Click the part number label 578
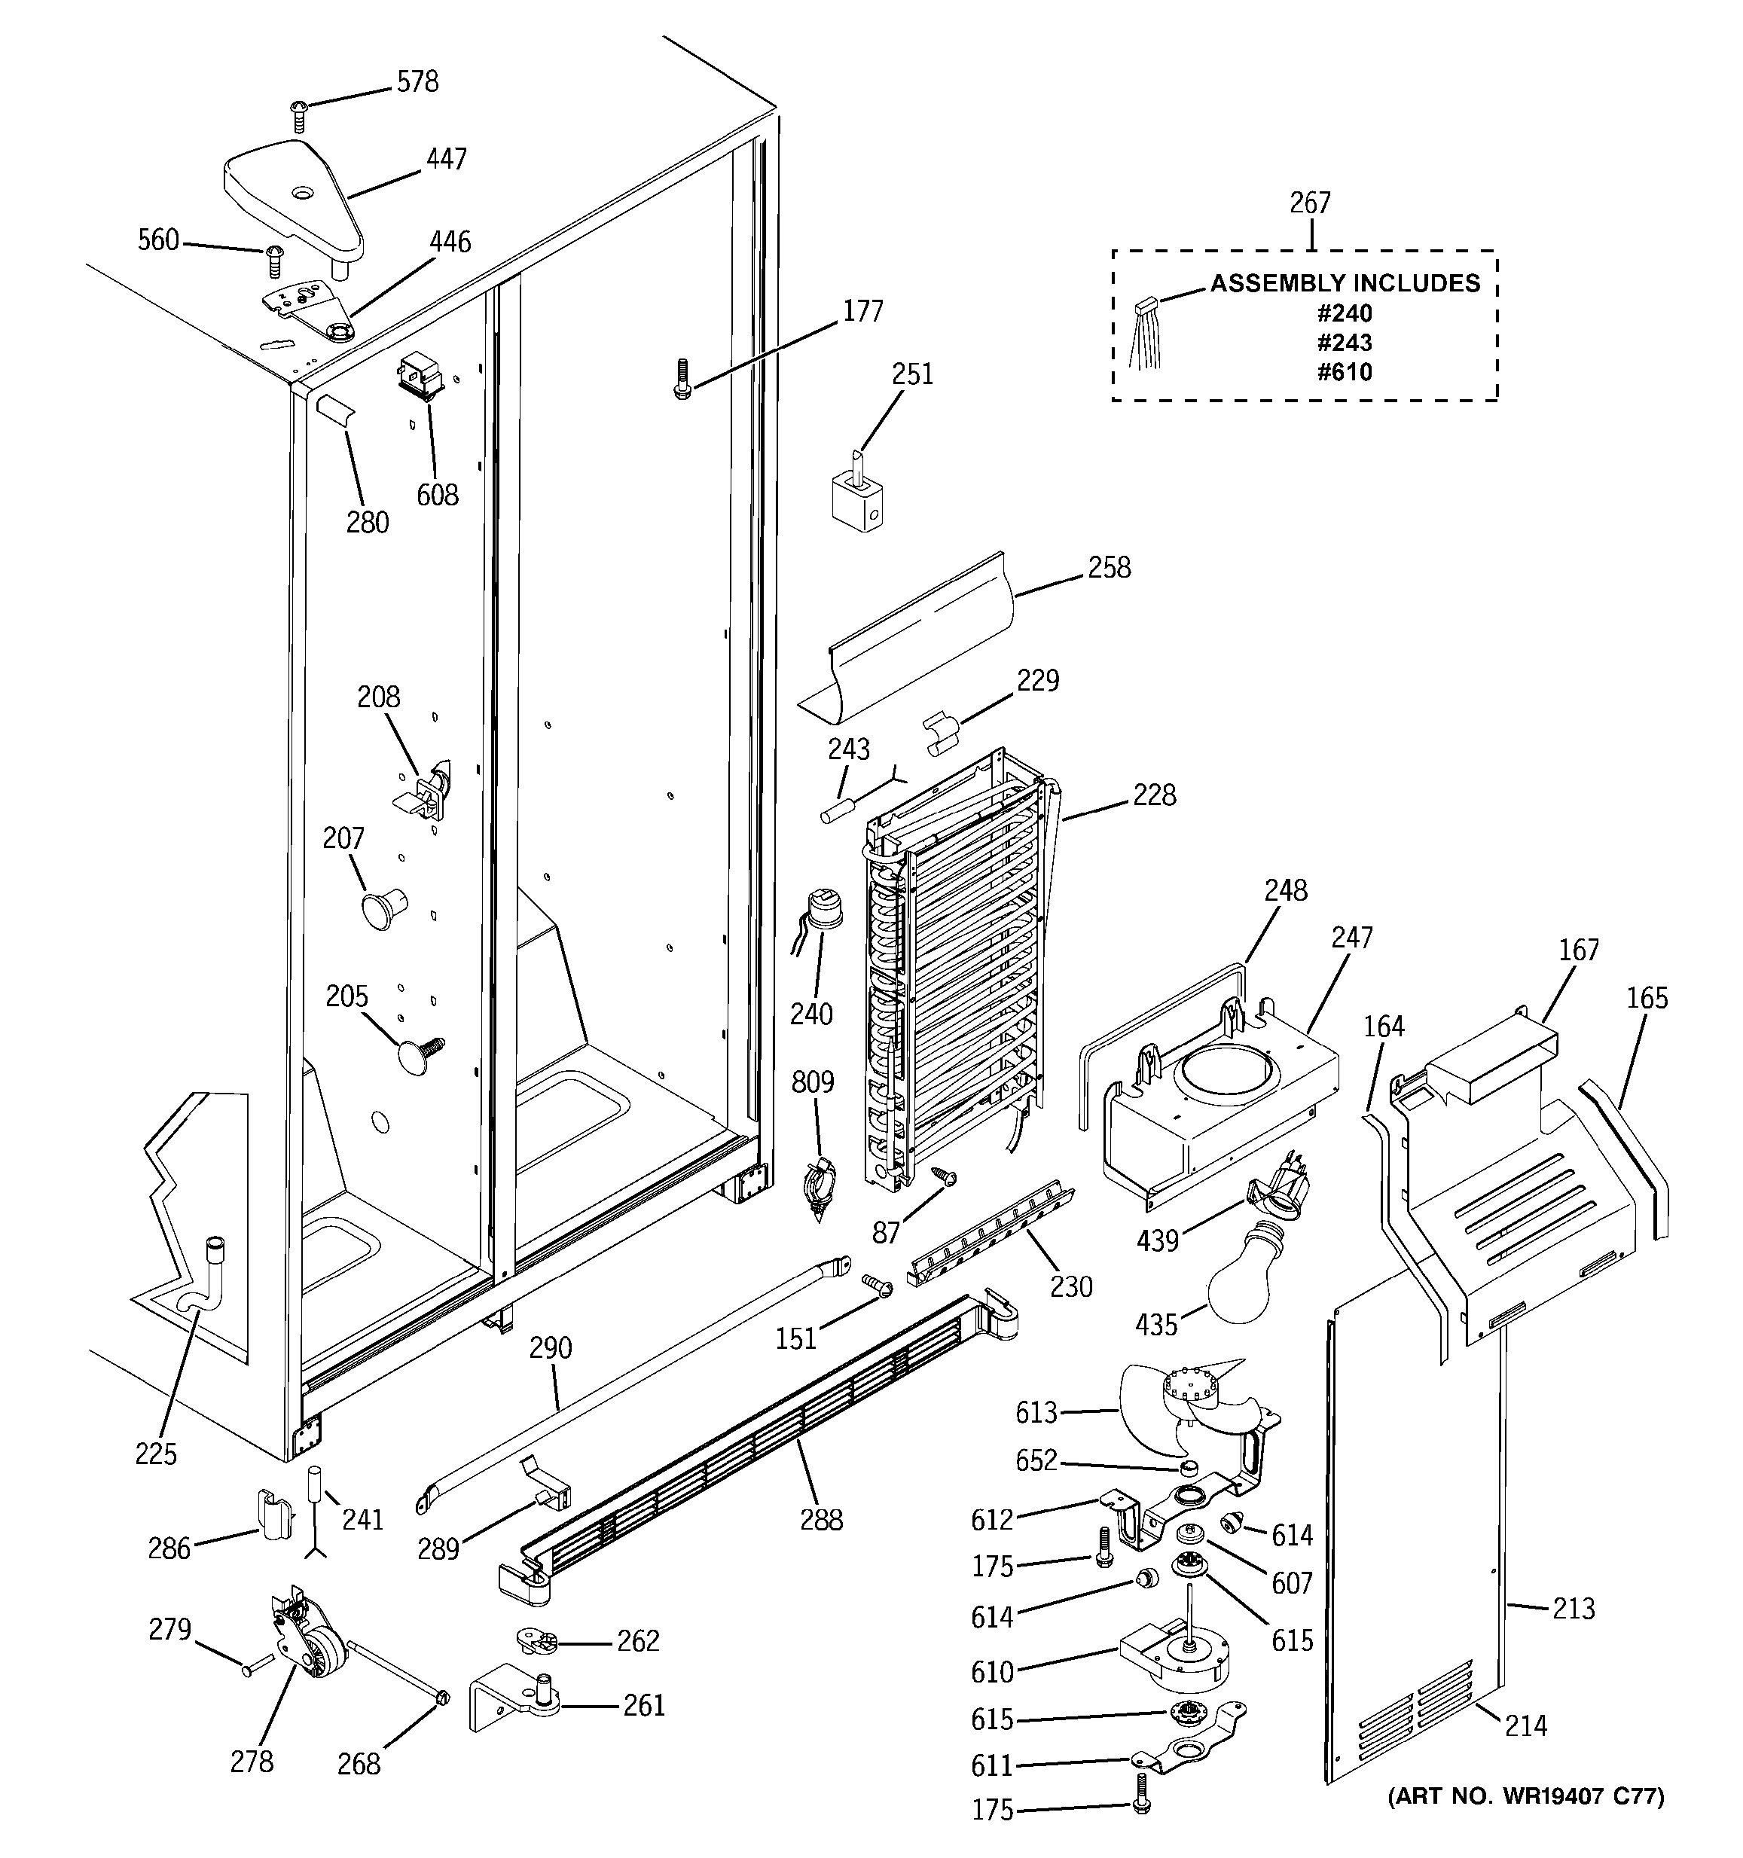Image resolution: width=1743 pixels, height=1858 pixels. click(x=417, y=82)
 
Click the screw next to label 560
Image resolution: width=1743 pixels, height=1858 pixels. click(x=275, y=261)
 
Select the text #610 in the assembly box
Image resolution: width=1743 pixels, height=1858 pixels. click(x=1344, y=372)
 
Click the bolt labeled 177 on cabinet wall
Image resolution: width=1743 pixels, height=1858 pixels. click(x=682, y=380)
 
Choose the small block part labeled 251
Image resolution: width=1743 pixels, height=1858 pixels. click(x=856, y=497)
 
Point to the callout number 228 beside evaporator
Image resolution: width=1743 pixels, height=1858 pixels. click(x=1154, y=795)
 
